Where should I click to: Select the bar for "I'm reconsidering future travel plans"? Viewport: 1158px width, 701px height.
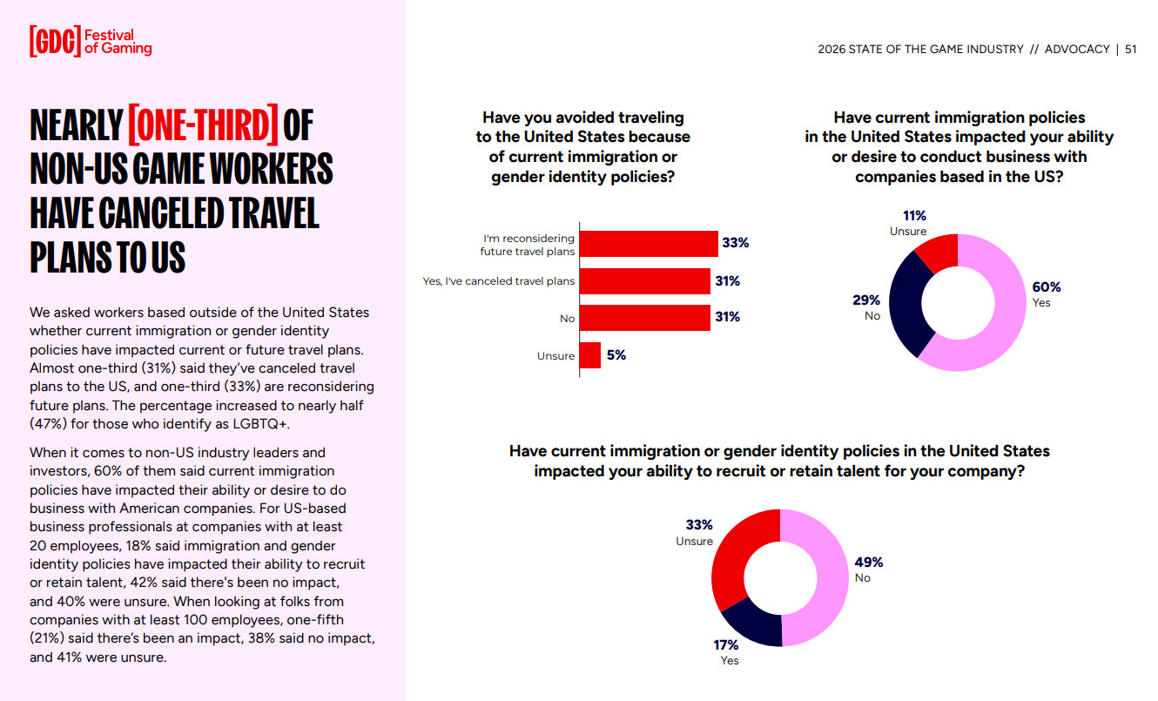(x=649, y=243)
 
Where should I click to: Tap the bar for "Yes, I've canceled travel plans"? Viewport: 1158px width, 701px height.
(x=644, y=281)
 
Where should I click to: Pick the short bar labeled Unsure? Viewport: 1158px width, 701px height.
(x=589, y=355)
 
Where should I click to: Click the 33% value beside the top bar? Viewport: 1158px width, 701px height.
(x=736, y=243)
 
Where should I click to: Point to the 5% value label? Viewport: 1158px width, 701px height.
(x=616, y=355)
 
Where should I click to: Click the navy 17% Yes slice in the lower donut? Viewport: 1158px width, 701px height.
(x=751, y=624)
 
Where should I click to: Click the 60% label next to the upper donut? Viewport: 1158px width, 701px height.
(x=1047, y=287)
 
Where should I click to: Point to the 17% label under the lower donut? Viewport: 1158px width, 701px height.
(x=726, y=645)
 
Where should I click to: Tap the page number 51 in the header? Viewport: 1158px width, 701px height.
(x=1130, y=50)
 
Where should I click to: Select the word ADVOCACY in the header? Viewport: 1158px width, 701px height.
(x=1077, y=50)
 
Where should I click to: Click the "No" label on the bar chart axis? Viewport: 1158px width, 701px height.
(x=567, y=319)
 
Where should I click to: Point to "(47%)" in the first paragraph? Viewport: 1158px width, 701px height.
(x=49, y=423)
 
